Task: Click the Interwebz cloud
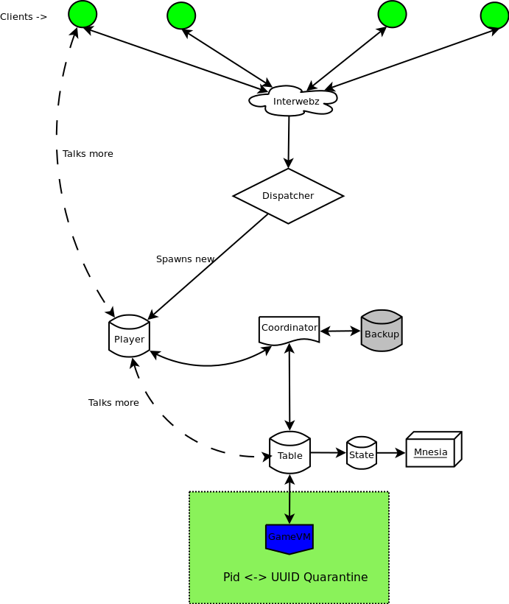coord(293,101)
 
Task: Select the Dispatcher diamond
coord(288,196)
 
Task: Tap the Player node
coord(129,337)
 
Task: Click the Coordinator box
coord(289,329)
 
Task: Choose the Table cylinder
coord(289,453)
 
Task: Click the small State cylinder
coord(362,454)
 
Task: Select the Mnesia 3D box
coord(432,450)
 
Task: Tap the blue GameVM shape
coord(289,538)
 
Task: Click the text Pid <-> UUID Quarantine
coord(295,577)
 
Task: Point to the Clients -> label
coord(24,17)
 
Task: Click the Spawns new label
coord(185,259)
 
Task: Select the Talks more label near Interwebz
coord(88,154)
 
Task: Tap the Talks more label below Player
coord(113,403)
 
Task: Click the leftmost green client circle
coord(83,14)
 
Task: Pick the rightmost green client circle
coord(494,15)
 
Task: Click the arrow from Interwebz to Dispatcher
coord(289,142)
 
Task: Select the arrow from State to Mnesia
coord(390,453)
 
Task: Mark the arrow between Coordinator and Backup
coord(340,331)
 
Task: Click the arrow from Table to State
coord(328,453)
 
